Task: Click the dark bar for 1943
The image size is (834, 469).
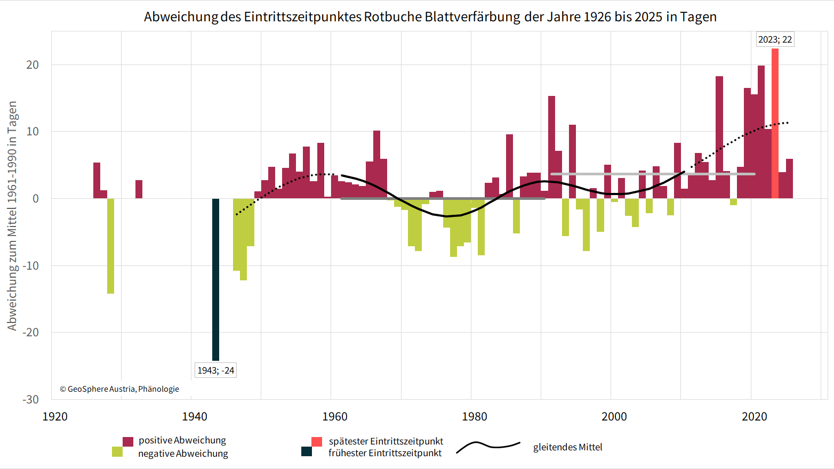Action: tap(215, 279)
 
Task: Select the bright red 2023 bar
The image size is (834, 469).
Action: tap(775, 124)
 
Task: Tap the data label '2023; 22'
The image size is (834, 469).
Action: tap(775, 39)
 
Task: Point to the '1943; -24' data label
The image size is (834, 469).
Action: tap(215, 370)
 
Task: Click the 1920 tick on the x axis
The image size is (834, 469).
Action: tap(55, 416)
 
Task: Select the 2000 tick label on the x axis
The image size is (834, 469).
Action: tap(614, 416)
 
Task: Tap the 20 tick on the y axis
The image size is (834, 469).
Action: tap(33, 64)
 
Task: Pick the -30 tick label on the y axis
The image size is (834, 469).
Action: tap(30, 399)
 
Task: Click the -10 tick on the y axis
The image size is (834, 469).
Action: tap(30, 265)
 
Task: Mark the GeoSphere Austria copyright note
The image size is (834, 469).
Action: tap(119, 389)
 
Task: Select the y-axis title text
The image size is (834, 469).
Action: tap(12, 215)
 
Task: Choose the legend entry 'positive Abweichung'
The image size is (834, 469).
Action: tap(182, 440)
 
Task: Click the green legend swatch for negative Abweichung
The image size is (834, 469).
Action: tap(117, 452)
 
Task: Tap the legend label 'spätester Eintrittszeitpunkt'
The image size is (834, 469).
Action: tap(386, 441)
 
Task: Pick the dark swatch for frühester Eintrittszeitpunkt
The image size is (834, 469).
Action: tap(307, 452)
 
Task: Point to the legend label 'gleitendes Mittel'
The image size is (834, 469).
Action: tap(567, 447)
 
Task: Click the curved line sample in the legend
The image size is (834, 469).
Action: tap(488, 447)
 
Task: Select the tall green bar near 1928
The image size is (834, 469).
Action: tap(110, 246)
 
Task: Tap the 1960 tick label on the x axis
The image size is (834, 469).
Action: tap(335, 416)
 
